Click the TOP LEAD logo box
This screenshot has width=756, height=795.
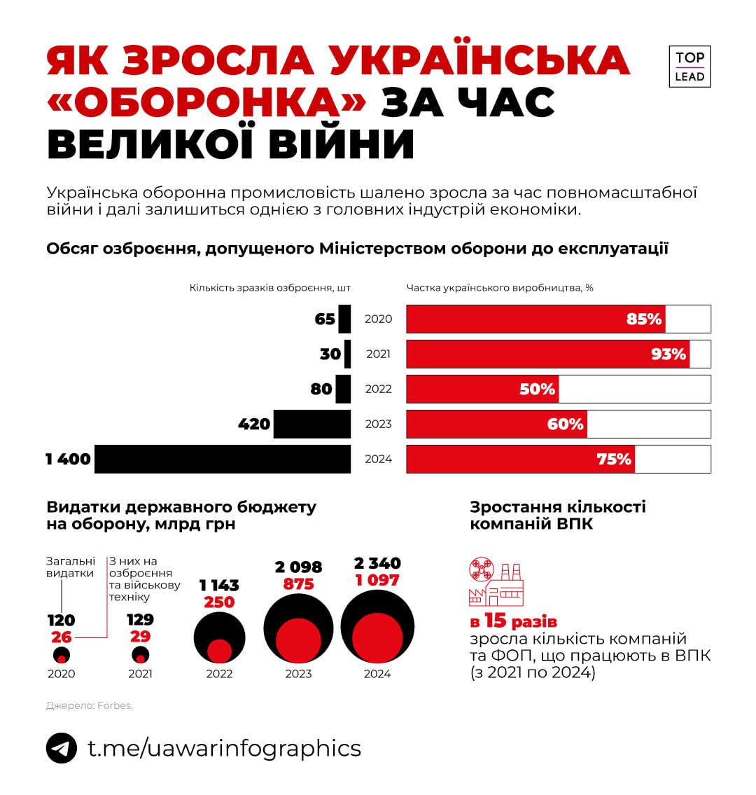(x=689, y=67)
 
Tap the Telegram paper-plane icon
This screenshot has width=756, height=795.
(x=62, y=748)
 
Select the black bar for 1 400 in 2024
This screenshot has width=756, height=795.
(x=223, y=459)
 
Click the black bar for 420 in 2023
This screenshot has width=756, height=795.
(x=312, y=424)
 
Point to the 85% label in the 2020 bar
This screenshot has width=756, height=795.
(x=644, y=319)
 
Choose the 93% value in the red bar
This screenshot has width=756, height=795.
(x=668, y=354)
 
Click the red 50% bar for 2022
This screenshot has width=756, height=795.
(x=482, y=389)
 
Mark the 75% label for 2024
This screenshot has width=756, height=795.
(x=614, y=459)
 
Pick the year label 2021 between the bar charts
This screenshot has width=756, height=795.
(x=378, y=354)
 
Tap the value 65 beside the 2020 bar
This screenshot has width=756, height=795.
(x=325, y=319)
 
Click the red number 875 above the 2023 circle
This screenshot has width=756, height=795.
(x=299, y=584)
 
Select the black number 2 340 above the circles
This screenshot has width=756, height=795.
(x=377, y=563)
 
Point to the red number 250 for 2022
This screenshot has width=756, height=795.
(x=219, y=602)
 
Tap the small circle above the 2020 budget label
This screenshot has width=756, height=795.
(x=62, y=656)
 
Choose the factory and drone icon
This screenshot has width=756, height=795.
(x=496, y=582)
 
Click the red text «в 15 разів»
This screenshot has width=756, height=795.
(x=513, y=621)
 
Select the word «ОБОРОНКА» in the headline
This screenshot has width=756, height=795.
(x=206, y=102)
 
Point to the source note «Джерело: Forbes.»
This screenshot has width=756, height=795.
(x=89, y=705)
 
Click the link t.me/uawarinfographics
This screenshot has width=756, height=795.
(x=224, y=748)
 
